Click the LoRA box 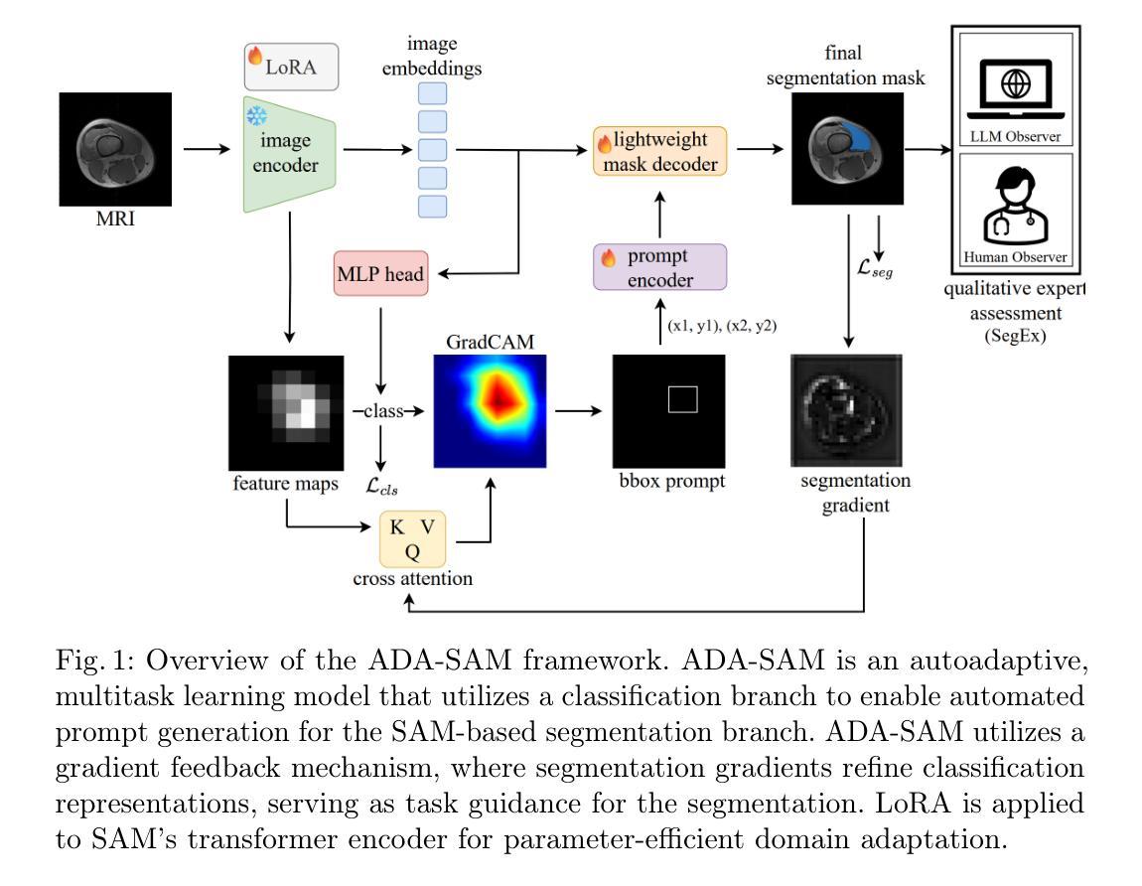point(292,67)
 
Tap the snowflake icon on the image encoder point(256,116)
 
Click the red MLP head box point(380,273)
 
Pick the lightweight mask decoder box point(659,151)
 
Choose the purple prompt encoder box point(659,267)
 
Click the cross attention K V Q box point(412,539)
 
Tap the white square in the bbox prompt point(682,399)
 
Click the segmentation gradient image point(846,409)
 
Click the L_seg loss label point(875,267)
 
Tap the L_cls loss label point(383,487)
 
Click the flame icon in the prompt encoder point(609,257)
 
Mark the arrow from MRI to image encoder point(206,150)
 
